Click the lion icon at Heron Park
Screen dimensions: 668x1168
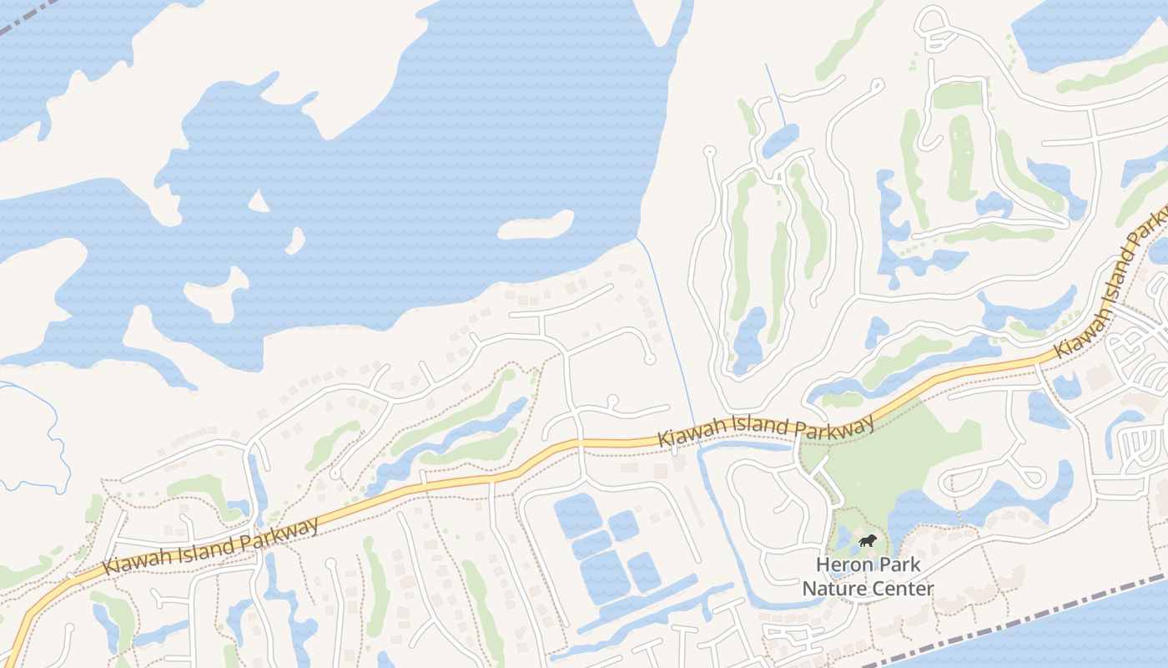click(868, 541)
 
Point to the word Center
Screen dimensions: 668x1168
click(903, 590)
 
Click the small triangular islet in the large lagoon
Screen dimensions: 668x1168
click(259, 200)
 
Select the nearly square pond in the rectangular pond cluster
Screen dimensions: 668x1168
click(623, 525)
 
